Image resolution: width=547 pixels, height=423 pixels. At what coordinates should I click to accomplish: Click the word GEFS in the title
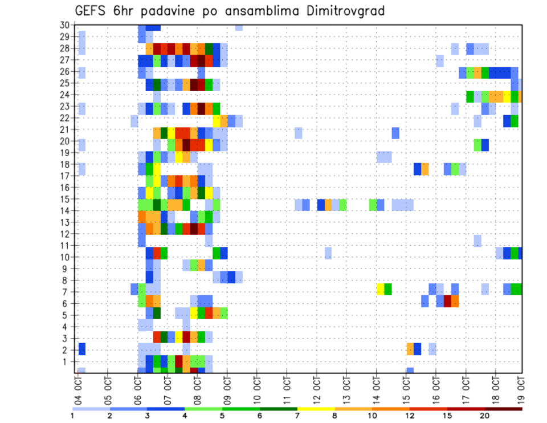point(89,11)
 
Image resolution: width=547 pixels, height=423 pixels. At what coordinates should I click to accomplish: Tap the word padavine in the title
point(172,11)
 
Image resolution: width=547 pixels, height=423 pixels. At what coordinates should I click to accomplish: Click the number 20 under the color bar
point(485,416)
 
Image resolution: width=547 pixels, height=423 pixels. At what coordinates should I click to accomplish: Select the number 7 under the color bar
point(297,416)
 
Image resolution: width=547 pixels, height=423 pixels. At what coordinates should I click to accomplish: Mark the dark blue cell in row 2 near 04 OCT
point(82,349)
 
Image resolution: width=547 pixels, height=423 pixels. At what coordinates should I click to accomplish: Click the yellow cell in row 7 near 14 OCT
point(380,289)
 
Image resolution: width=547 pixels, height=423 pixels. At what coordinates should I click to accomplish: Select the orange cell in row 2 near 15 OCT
point(410,349)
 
